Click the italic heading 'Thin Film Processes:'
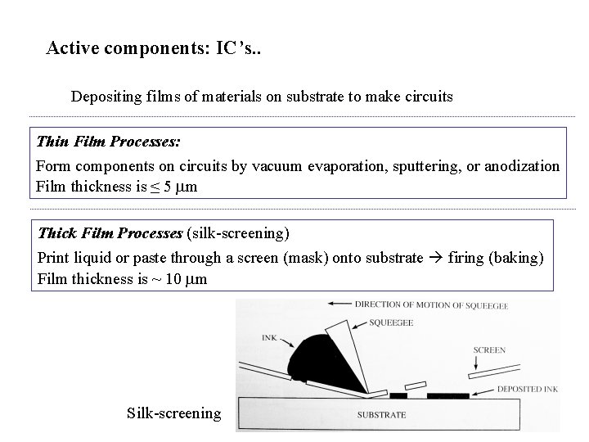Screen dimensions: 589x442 (x=108, y=142)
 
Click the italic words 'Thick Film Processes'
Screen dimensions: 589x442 (x=110, y=233)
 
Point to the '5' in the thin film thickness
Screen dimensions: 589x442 (x=168, y=187)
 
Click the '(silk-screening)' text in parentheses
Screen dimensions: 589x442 (x=238, y=233)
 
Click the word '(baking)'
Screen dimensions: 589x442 (x=517, y=257)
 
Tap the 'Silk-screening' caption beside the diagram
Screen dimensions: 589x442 (x=173, y=413)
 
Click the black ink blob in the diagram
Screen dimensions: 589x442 (x=319, y=360)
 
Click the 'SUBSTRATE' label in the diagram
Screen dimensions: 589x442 (x=381, y=414)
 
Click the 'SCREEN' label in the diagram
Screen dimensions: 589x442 (x=488, y=350)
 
